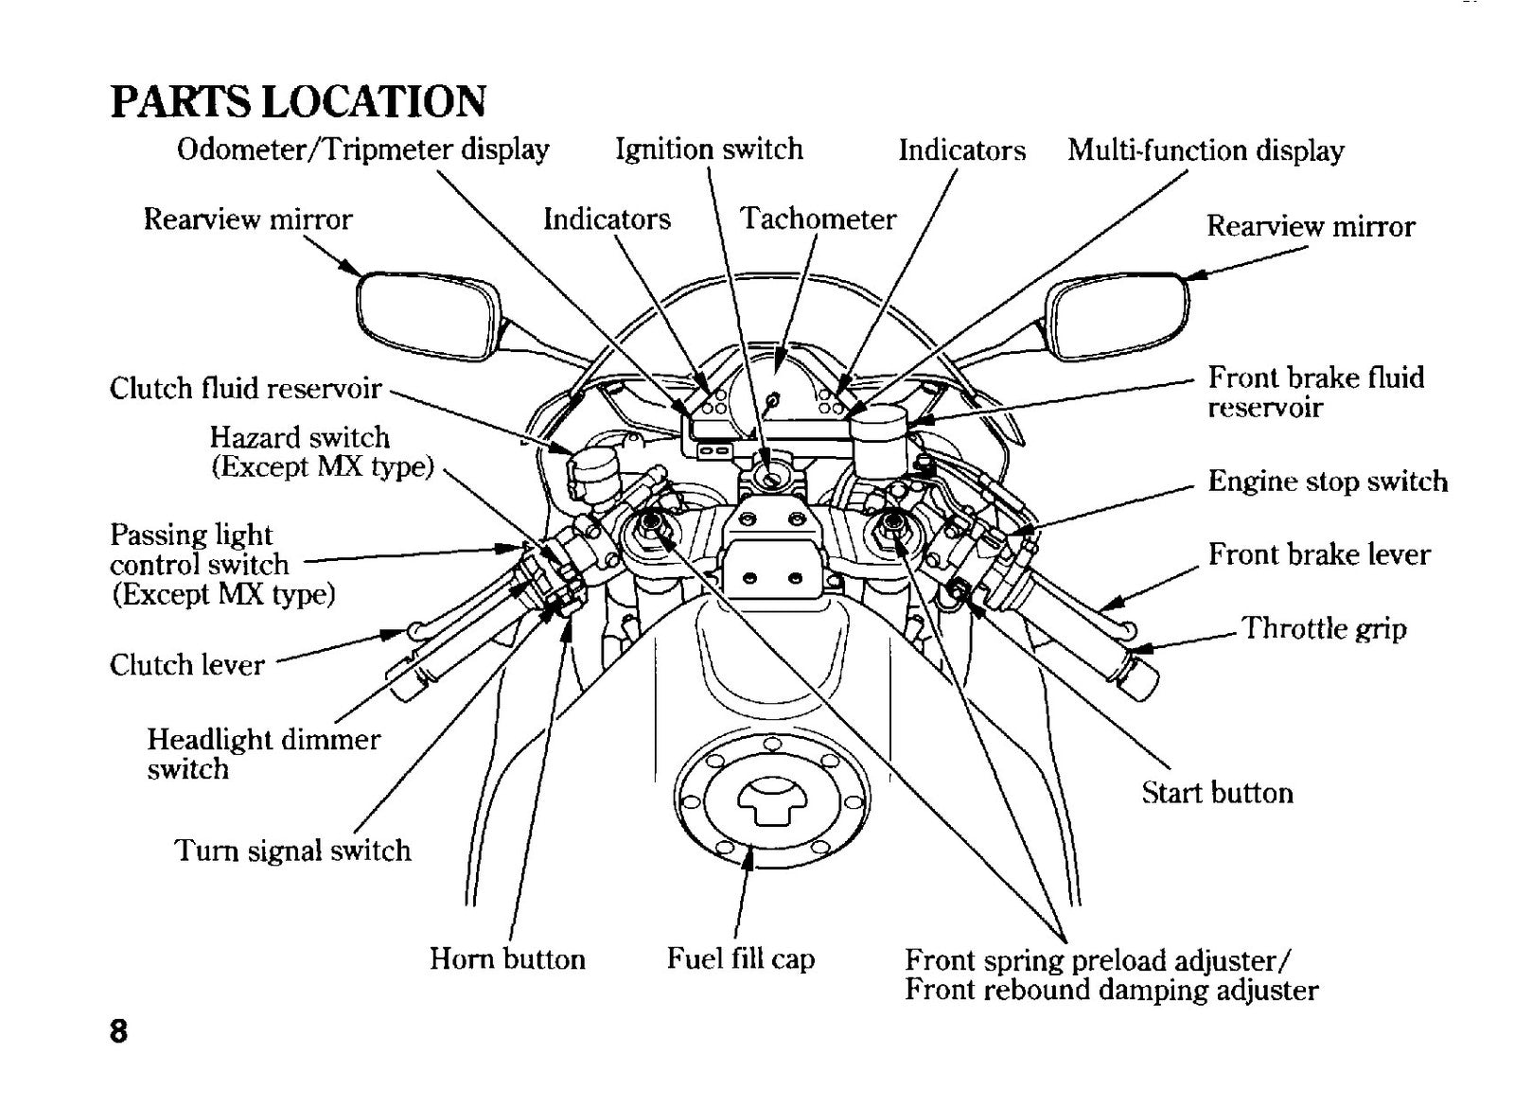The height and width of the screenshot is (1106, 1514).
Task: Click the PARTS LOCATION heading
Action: pyautogui.click(x=298, y=102)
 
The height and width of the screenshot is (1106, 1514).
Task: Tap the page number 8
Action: pyautogui.click(x=118, y=1031)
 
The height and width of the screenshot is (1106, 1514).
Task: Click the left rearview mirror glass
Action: pyautogui.click(x=428, y=315)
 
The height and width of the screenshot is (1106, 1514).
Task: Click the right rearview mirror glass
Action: pyautogui.click(x=1118, y=316)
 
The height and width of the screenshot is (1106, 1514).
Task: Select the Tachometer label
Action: pyautogui.click(x=819, y=219)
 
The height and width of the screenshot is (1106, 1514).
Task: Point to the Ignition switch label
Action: pyautogui.click(x=709, y=149)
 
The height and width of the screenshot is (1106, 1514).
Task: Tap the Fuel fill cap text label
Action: pyautogui.click(x=741, y=958)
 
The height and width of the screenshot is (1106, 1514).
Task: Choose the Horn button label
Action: pyautogui.click(x=507, y=958)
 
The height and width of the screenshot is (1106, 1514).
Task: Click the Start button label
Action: pyautogui.click(x=1217, y=793)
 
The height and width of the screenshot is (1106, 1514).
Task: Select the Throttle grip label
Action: pyautogui.click(x=1324, y=628)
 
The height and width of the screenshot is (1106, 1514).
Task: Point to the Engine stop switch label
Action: pyautogui.click(x=1329, y=482)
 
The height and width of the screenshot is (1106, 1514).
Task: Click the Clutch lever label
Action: pyautogui.click(x=187, y=665)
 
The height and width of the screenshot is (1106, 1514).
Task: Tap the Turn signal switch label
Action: pyautogui.click(x=293, y=850)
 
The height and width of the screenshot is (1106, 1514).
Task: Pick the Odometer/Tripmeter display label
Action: pyautogui.click(x=363, y=149)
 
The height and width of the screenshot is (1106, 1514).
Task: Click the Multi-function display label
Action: pyautogui.click(x=1206, y=150)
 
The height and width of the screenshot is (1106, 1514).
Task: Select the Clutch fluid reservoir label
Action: pyautogui.click(x=246, y=389)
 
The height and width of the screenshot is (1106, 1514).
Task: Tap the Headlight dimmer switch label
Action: pyautogui.click(x=264, y=754)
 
